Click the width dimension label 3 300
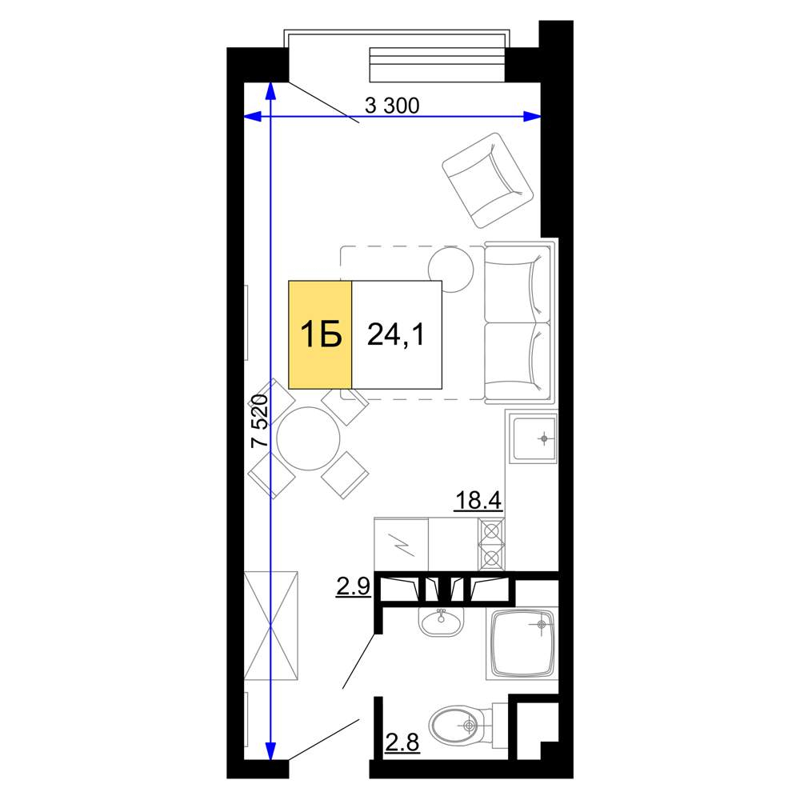coord(392,106)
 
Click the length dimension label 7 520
coord(260,421)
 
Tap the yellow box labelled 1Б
coord(320,334)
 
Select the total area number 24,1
coord(396,335)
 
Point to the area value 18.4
coord(478,500)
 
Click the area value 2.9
coord(353,586)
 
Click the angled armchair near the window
coord(488,180)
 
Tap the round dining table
coord(308,438)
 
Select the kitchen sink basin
coord(534,438)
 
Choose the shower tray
coord(522,643)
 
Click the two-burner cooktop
coord(491,544)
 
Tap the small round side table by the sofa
coord(451,270)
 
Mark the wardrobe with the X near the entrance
coord(270,626)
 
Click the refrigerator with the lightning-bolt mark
coord(402,544)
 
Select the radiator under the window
coord(438,64)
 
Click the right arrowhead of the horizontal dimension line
coord(532,117)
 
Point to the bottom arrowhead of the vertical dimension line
coord(270,750)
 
